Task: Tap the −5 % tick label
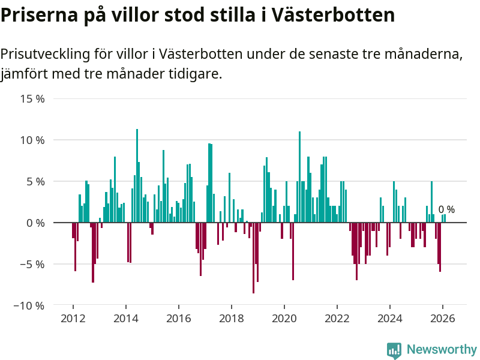(x=29, y=264)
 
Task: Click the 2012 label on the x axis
(x=73, y=318)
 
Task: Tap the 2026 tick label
(x=442, y=318)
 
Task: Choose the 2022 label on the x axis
(x=337, y=318)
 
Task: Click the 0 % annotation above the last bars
(x=446, y=210)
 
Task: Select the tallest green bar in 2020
(x=299, y=176)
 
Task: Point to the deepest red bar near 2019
(x=253, y=258)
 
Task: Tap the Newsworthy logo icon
(x=394, y=350)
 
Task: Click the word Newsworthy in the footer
(x=442, y=350)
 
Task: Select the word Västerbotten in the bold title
(x=333, y=15)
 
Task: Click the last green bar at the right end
(x=445, y=218)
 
